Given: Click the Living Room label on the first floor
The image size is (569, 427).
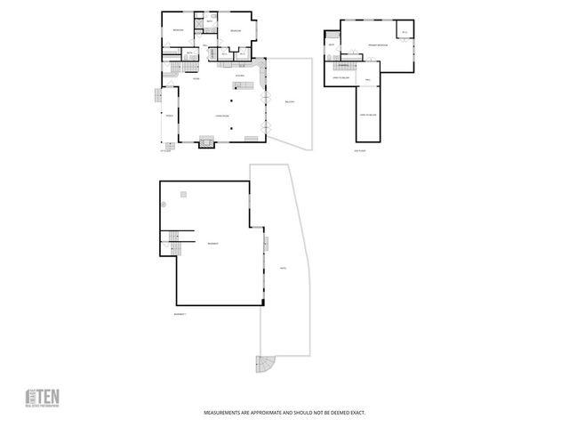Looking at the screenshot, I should pyautogui.click(x=219, y=116).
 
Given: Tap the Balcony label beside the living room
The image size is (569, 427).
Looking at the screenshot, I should pyautogui.click(x=289, y=102).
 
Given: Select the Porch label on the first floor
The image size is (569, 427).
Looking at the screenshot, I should pyautogui.click(x=167, y=116).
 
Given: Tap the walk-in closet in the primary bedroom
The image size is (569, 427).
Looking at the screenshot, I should pyautogui.click(x=404, y=33).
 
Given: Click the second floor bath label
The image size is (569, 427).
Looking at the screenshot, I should pyautogui.click(x=332, y=44).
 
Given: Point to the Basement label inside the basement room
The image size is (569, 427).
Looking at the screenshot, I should pyautogui.click(x=213, y=243).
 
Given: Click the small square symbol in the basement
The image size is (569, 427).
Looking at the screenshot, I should pyautogui.click(x=183, y=193).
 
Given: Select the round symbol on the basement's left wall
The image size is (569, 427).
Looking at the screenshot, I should pyautogui.click(x=164, y=204).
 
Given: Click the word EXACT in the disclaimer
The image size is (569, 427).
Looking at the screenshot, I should pyautogui.click(x=355, y=413).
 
